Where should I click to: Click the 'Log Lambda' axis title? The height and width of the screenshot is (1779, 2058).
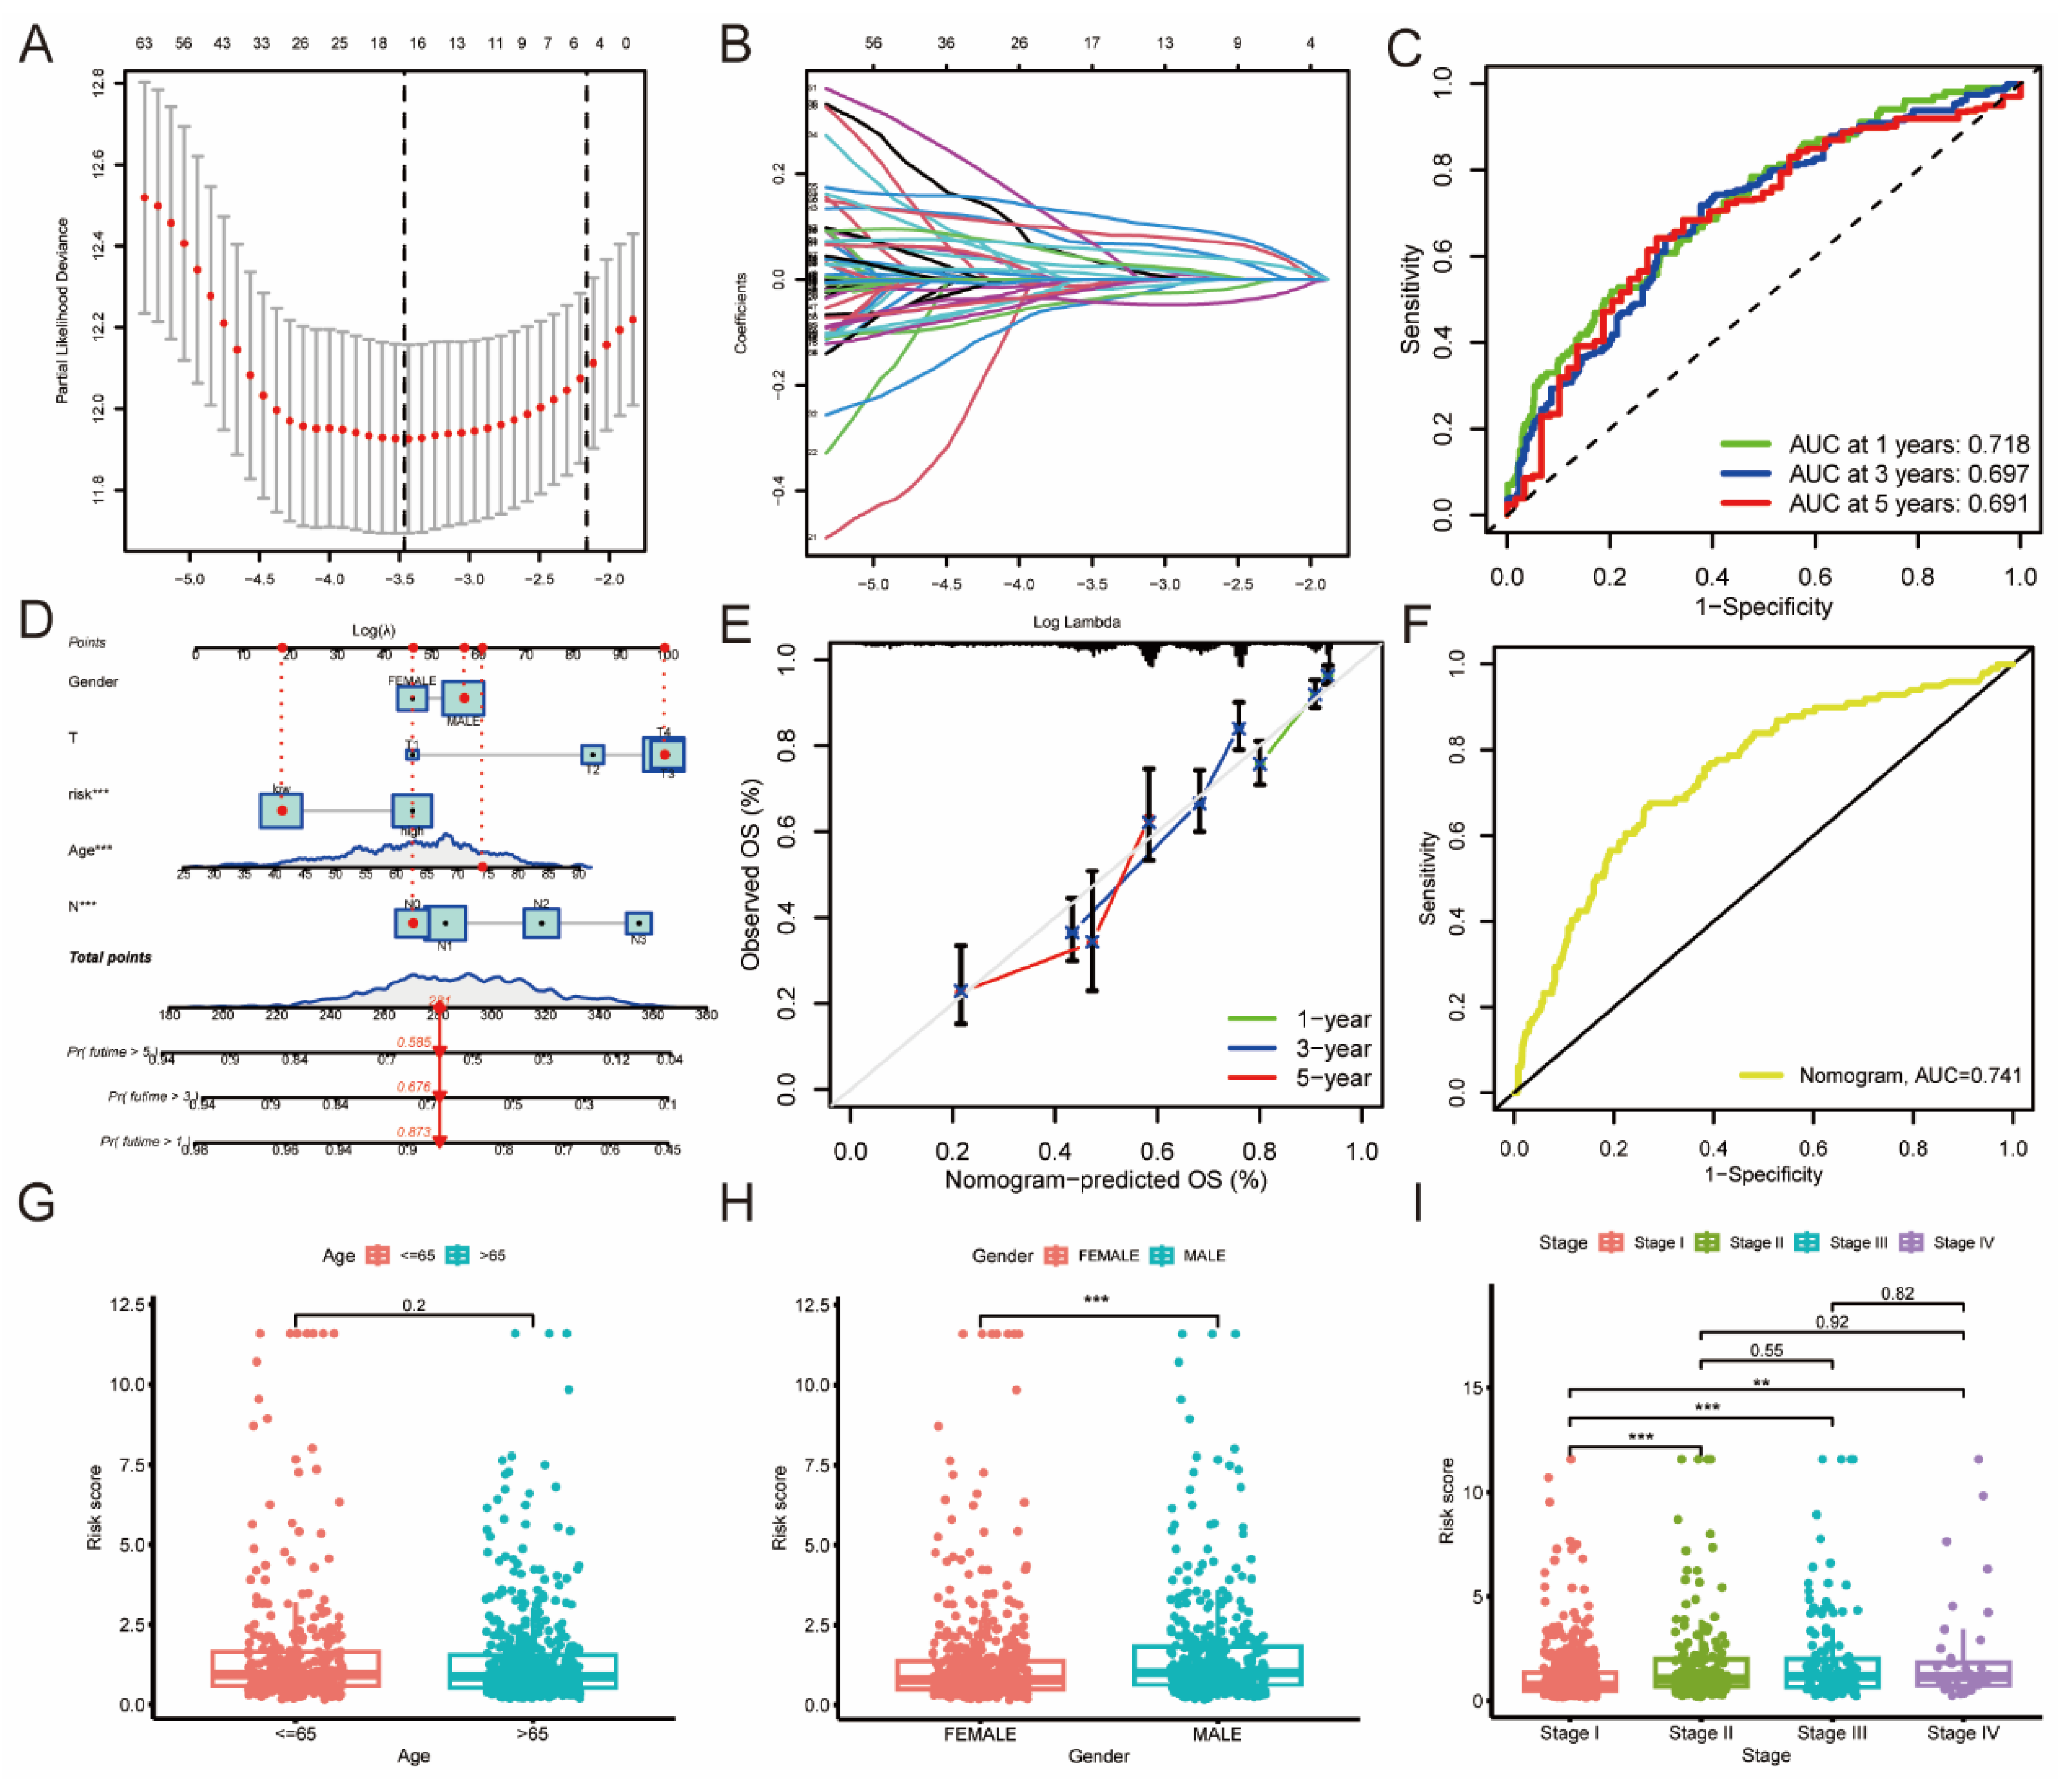(1077, 622)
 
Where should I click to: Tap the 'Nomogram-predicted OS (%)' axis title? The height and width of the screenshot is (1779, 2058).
(1104, 1179)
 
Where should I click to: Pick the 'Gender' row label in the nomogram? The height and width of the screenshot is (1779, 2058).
(93, 682)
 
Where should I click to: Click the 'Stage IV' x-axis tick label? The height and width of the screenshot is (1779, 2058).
(1963, 1732)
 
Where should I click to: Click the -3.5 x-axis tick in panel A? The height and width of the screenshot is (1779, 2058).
(400, 579)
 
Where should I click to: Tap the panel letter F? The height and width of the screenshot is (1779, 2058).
(1415, 627)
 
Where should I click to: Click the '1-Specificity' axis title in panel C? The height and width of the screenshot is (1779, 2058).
(1763, 607)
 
